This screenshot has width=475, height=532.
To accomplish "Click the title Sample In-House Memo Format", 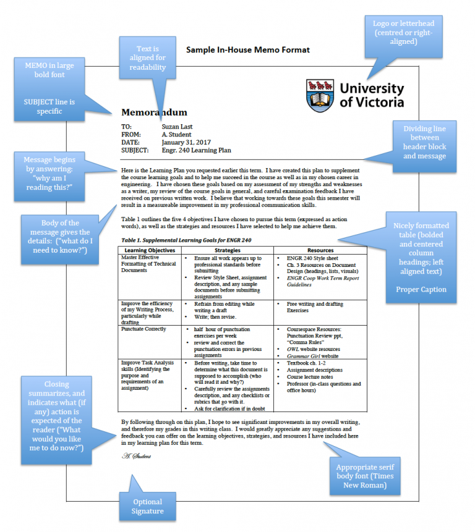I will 248,49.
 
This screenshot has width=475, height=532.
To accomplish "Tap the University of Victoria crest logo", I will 320,93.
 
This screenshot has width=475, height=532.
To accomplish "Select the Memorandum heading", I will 154,112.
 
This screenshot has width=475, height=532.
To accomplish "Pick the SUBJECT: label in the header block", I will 135,150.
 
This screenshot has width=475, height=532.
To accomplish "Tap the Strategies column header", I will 227,250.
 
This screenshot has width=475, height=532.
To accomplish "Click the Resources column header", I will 320,250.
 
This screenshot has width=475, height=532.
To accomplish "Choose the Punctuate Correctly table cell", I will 143,329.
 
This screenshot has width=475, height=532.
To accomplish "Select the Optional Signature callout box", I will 147,506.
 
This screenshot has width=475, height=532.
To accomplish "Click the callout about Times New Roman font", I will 364,476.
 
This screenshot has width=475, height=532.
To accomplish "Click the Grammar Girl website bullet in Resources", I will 314,356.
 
